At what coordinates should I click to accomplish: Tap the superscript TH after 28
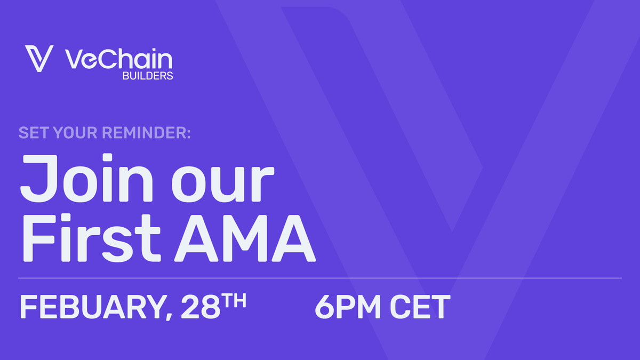[x=234, y=301]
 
